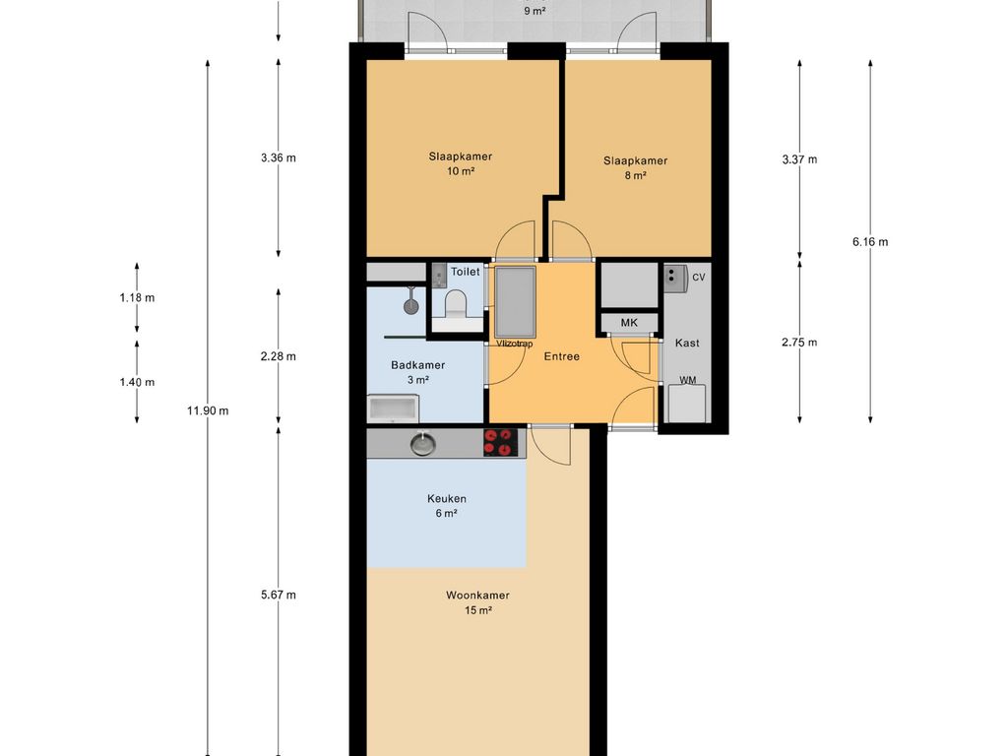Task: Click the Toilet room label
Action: point(465,272)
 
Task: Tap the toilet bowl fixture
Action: point(456,303)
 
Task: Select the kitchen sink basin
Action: point(423,444)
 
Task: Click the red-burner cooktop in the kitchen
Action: point(499,442)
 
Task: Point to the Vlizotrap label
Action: point(514,344)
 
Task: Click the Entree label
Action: point(562,356)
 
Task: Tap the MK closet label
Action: point(629,323)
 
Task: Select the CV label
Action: point(698,277)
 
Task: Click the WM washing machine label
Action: point(688,380)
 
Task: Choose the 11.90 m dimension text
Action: point(208,410)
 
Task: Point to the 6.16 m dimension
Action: point(870,242)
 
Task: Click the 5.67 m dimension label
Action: point(279,595)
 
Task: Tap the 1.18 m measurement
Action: point(137,297)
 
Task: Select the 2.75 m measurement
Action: point(799,342)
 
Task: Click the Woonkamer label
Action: point(477,596)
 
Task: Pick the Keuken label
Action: point(447,498)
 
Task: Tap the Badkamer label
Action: point(417,365)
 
